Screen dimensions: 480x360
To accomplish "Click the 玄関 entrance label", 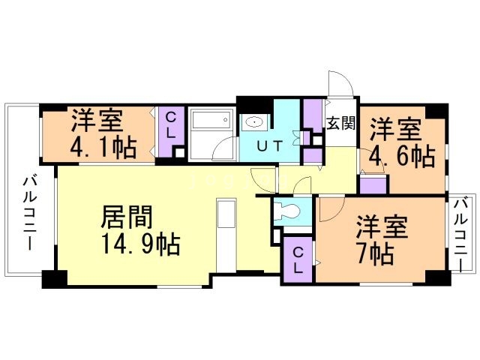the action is [x=340, y=123].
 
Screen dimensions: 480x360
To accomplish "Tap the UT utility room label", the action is [x=269, y=146].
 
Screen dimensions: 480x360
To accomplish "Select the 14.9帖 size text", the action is [x=141, y=244].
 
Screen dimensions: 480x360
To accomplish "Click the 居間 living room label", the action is [x=127, y=217].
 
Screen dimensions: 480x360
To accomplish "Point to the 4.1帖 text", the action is [x=103, y=147].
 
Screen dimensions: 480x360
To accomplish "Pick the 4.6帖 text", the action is [x=402, y=157].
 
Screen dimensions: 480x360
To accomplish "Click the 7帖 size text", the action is [x=375, y=254].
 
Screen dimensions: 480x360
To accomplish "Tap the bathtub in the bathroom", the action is [x=211, y=118].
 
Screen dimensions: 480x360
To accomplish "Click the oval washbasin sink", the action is [x=254, y=122].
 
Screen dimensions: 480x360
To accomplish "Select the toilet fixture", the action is [x=287, y=211].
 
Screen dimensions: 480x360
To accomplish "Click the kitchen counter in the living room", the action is [x=226, y=235].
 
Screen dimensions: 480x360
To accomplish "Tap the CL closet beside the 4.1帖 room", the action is [x=172, y=132].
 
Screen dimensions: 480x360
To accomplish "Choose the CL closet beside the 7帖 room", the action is [x=298, y=259].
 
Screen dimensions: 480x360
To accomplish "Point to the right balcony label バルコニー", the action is [x=462, y=235].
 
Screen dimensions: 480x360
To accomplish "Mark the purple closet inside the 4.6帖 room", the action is [x=373, y=184].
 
